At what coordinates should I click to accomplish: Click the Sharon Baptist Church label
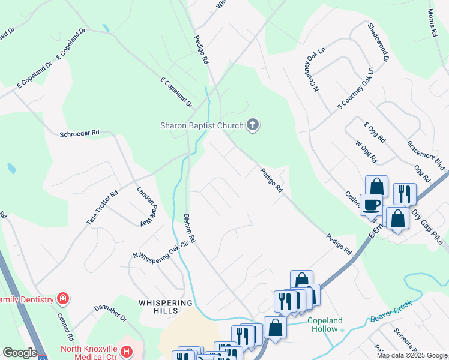point(201,125)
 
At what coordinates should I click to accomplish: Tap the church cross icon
point(253,125)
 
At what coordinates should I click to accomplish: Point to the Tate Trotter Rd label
point(102,208)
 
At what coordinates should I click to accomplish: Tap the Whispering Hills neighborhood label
point(166,307)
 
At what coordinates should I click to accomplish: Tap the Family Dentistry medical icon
point(62,298)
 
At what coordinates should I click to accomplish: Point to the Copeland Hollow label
point(325,325)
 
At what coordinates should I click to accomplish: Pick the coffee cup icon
point(370,205)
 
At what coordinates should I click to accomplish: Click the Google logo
point(20,353)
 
